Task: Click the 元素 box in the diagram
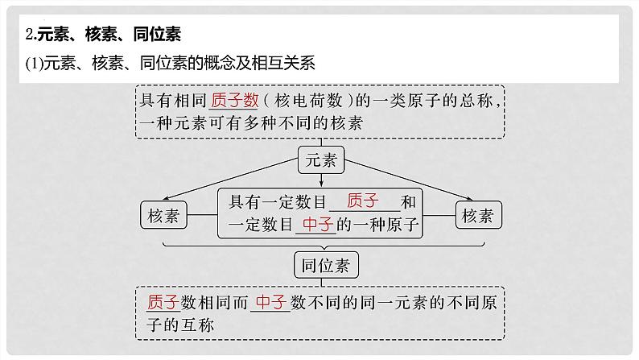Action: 321,160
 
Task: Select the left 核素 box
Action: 164,215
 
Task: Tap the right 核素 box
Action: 479,215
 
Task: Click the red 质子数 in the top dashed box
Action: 234,101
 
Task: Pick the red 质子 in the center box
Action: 361,201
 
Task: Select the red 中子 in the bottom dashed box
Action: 270,302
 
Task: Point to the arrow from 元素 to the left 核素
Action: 233,180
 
